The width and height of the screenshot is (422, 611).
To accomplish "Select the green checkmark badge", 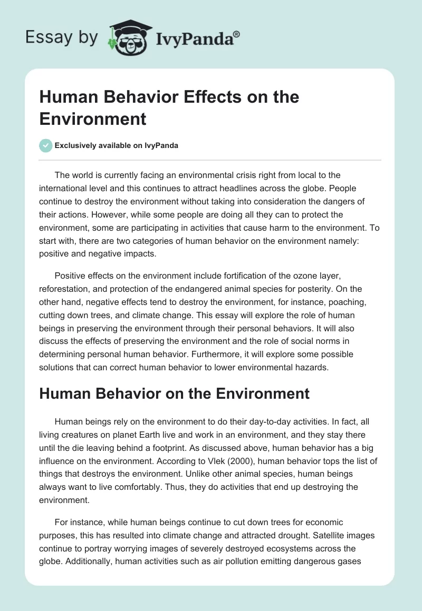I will tap(46, 145).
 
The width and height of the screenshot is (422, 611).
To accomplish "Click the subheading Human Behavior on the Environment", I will tap(174, 393).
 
